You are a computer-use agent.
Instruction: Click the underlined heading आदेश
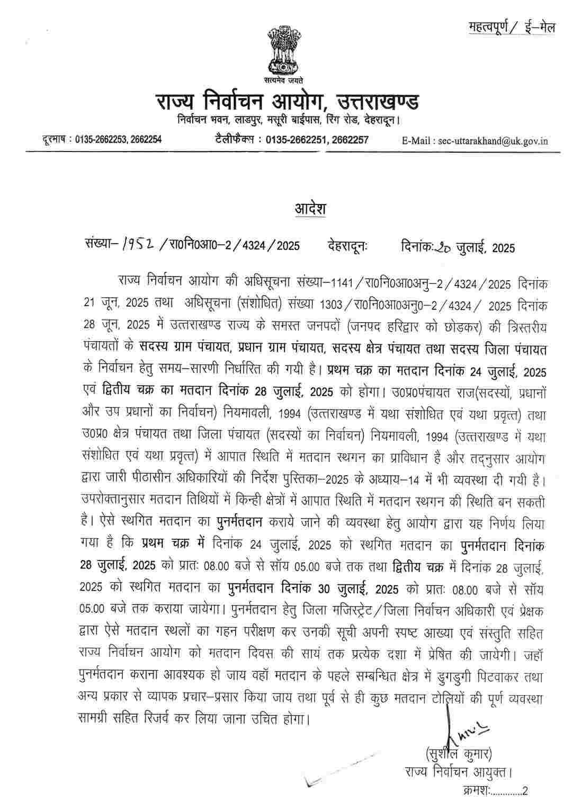tap(310, 209)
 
